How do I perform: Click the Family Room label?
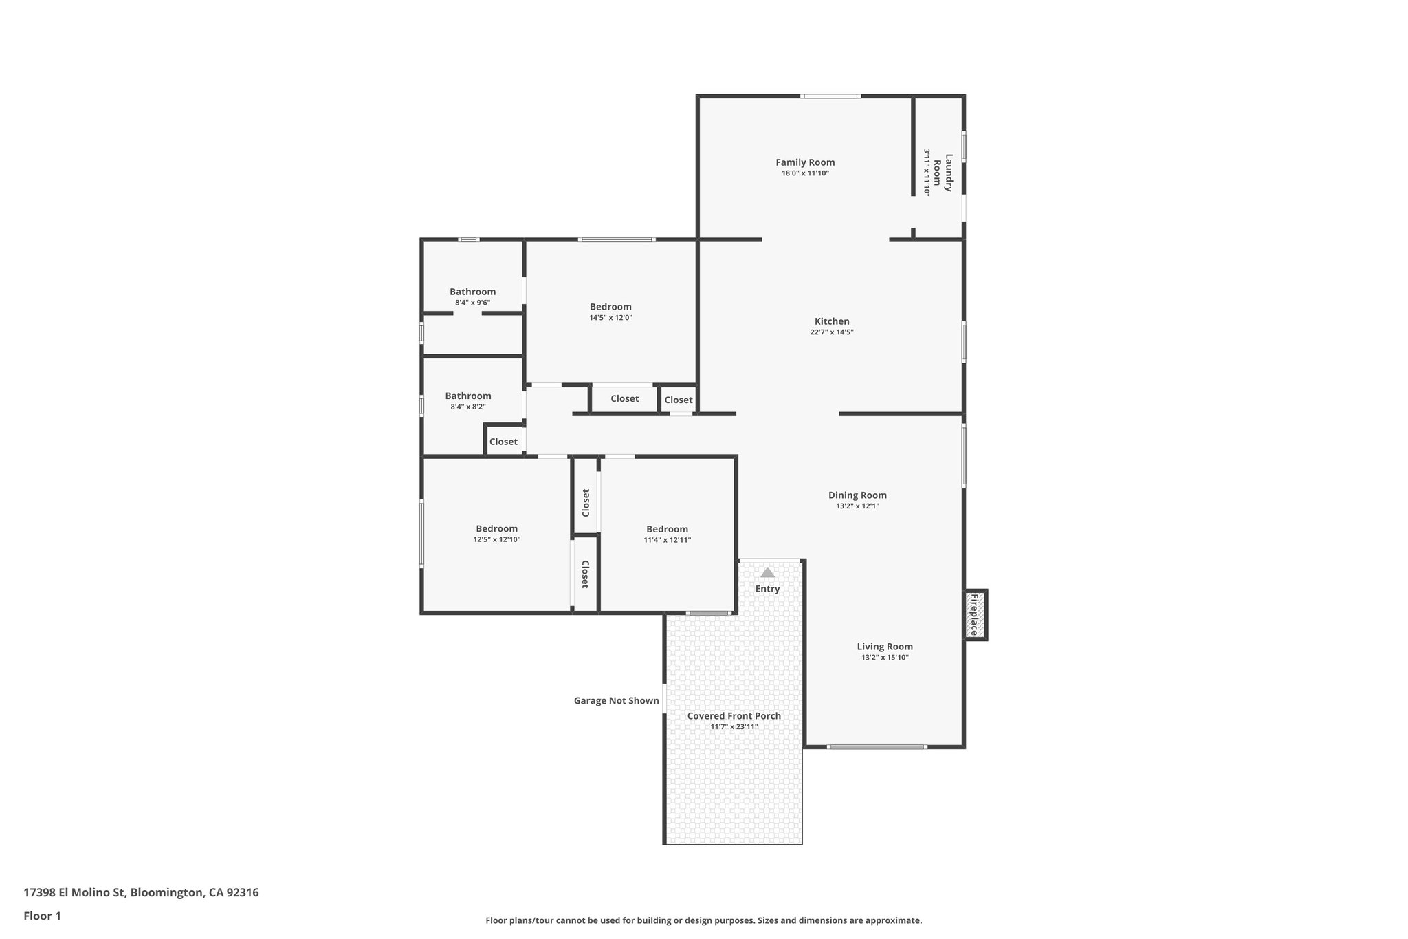coord(805,162)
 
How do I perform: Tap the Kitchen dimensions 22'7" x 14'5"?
coord(832,332)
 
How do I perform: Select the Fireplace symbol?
coord(974,615)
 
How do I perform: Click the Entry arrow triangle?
coord(767,572)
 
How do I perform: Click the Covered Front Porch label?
coord(734,716)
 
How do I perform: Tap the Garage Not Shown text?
coord(616,701)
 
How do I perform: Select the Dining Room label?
coord(857,495)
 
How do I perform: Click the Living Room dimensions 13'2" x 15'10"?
coord(885,658)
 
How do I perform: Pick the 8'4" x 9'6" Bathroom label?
coord(472,292)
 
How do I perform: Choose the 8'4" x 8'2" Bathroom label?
coord(467,396)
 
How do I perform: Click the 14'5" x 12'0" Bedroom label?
coord(610,307)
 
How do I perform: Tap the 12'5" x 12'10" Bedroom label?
coord(496,529)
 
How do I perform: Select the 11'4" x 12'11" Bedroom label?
coord(667,529)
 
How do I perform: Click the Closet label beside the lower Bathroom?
coord(503,442)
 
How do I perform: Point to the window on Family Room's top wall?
coord(830,96)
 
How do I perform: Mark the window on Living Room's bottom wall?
coord(877,746)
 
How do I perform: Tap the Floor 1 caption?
coord(42,916)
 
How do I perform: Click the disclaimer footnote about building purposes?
coord(703,920)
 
